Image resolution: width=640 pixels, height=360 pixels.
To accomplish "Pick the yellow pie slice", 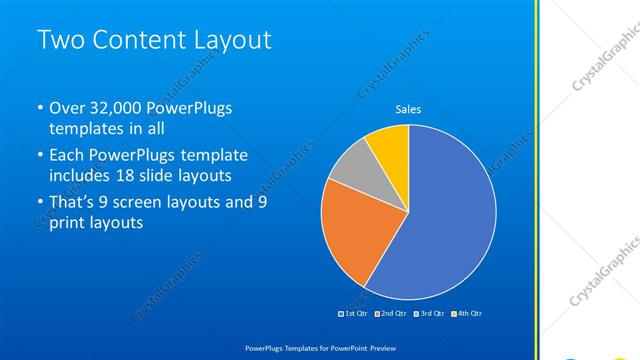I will [x=389, y=146].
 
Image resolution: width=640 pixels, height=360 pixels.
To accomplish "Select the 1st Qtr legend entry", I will [x=357, y=314].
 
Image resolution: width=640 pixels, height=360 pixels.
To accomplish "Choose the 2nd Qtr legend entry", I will [x=393, y=314].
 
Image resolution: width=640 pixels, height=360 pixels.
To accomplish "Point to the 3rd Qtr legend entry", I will [x=430, y=314].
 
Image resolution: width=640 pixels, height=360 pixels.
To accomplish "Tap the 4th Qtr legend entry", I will [x=467, y=314].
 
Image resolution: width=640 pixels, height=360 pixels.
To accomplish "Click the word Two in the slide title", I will [x=60, y=40].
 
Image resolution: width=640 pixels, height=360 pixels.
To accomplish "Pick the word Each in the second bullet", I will [x=67, y=155].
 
